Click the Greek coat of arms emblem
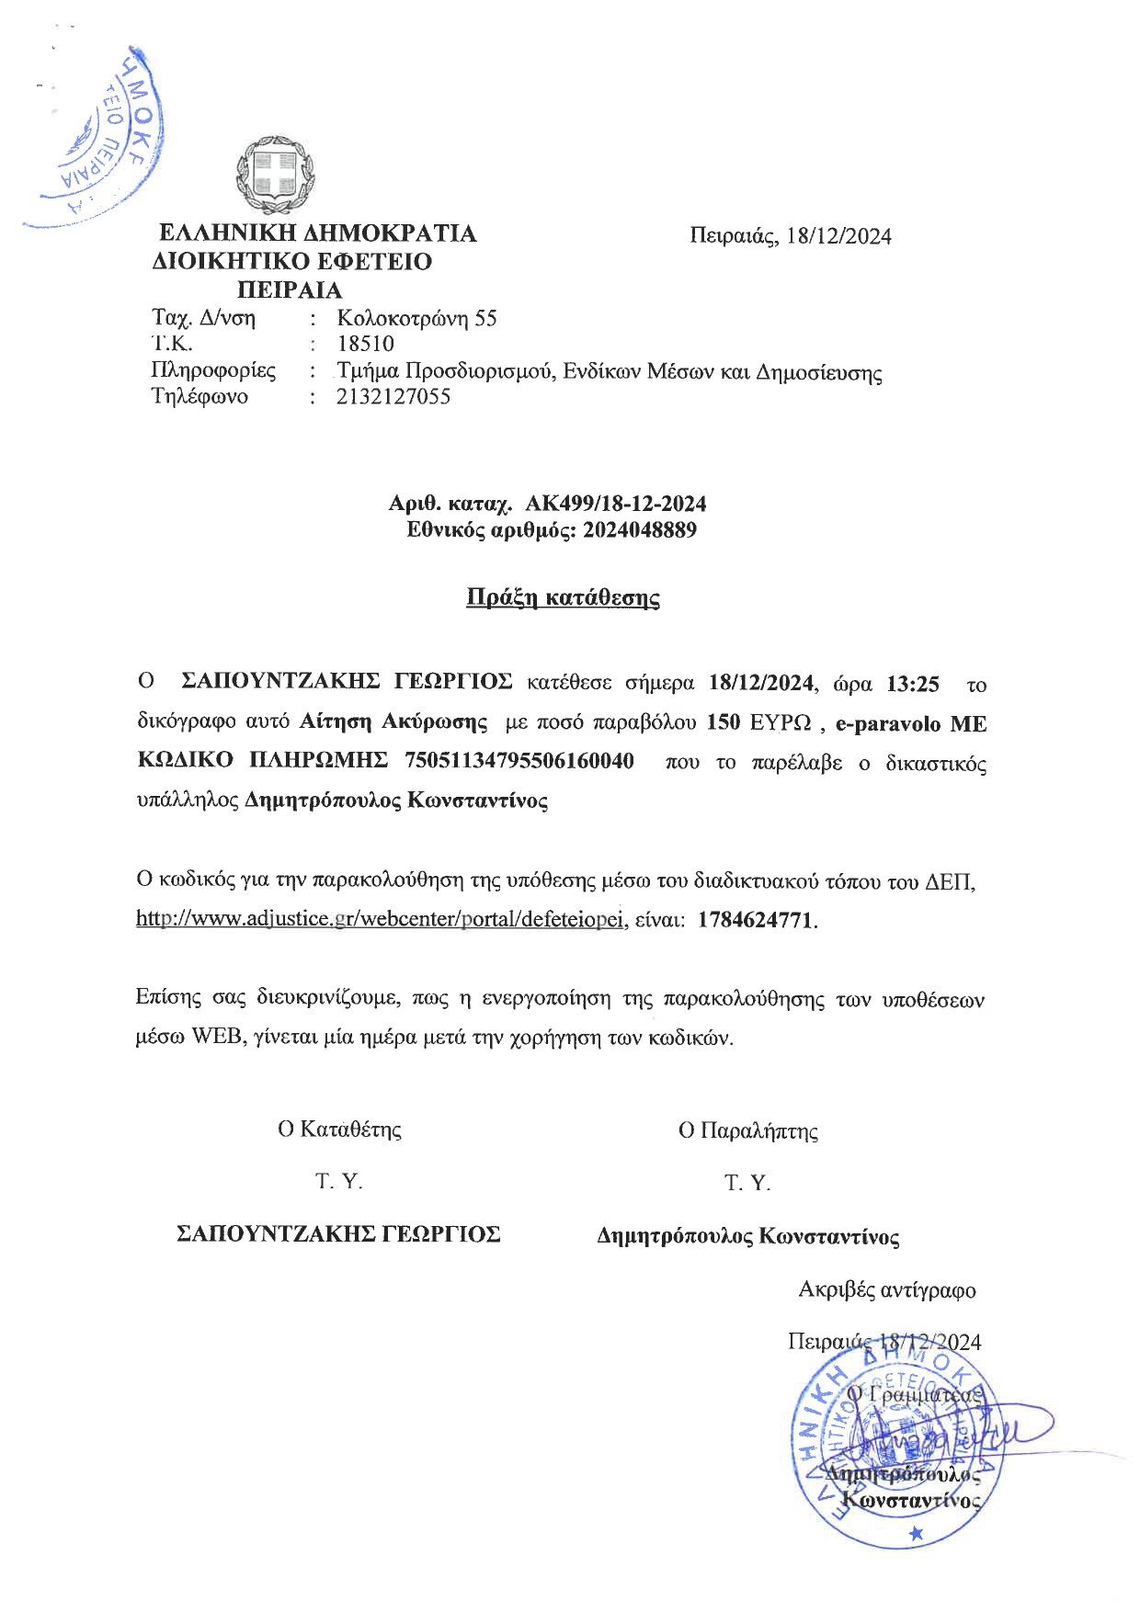click(275, 176)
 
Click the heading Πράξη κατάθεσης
click(563, 598)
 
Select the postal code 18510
click(366, 345)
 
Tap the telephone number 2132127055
click(393, 397)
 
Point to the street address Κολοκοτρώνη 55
click(416, 319)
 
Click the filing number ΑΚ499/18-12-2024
click(615, 504)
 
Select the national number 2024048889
click(640, 530)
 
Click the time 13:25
click(913, 684)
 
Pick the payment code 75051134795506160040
click(519, 761)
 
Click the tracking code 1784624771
click(756, 920)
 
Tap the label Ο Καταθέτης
click(339, 1129)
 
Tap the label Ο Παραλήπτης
click(747, 1130)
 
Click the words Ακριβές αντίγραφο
click(886, 1289)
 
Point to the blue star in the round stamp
click(915, 1533)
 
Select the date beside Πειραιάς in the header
click(839, 237)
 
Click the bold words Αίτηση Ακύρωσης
click(393, 722)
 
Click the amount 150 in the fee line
click(724, 722)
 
